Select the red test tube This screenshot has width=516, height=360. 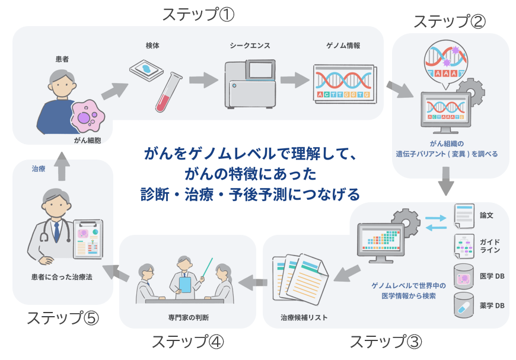[167, 93]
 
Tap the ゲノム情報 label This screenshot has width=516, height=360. [343, 45]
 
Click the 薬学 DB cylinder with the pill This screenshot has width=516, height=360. [464, 305]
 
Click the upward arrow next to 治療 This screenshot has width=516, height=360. [60, 169]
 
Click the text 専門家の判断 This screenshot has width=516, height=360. [189, 316]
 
